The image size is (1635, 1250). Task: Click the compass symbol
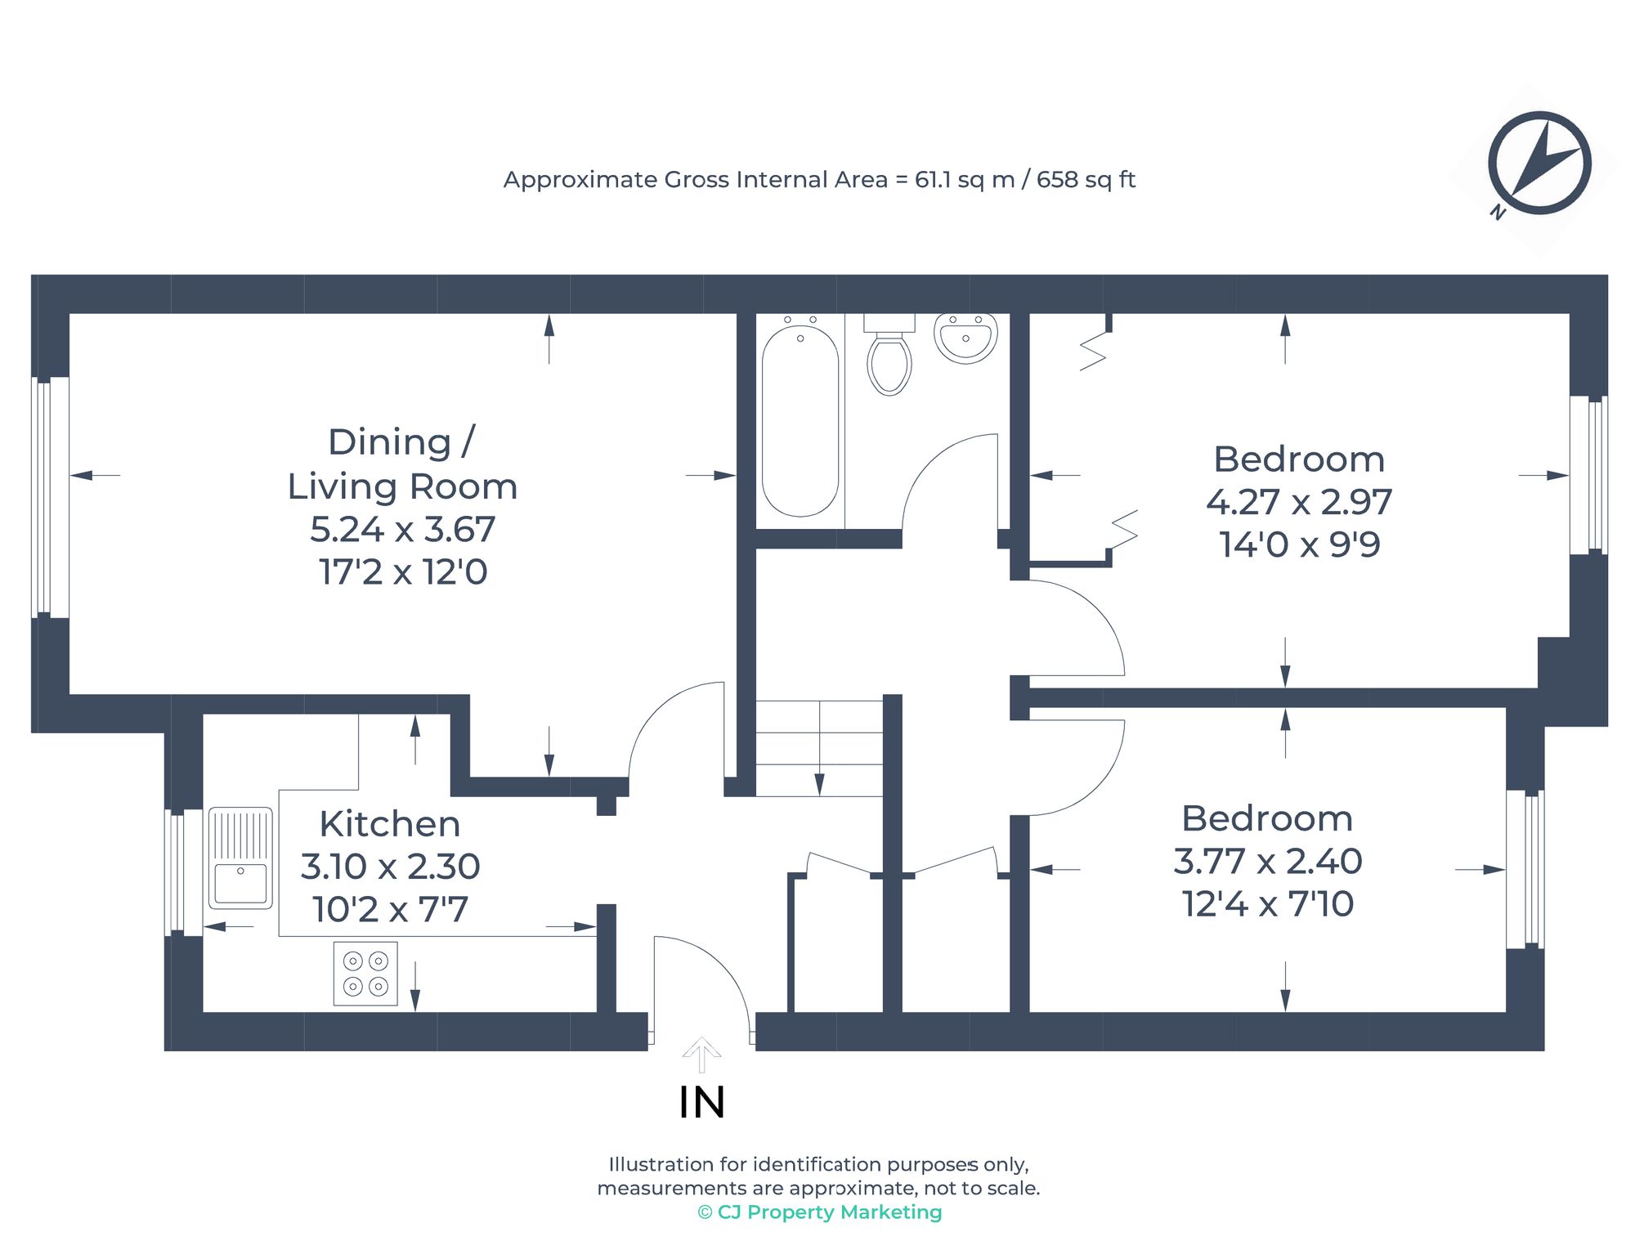coord(1539,164)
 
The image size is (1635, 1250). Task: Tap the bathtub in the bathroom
coord(800,420)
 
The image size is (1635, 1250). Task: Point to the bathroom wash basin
coord(965,338)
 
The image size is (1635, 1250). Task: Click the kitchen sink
coord(240,858)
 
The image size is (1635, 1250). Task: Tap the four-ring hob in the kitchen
coord(365,973)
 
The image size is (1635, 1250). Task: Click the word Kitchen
coord(390,823)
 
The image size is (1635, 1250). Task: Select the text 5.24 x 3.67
coord(402,529)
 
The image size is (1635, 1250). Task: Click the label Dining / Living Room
coord(402,464)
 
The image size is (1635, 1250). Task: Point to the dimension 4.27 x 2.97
coord(1299,501)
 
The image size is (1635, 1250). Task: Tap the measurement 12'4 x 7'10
coord(1268,903)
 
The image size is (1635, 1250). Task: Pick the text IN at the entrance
coord(701,1102)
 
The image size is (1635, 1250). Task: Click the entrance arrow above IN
coord(701,1055)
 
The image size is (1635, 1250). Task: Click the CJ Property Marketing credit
coord(820,1212)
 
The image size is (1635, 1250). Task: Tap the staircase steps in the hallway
coord(819,748)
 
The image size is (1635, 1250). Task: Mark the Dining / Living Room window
coord(50,497)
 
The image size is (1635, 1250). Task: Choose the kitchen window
coord(184,871)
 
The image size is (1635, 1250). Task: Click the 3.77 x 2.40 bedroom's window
coord(1525,869)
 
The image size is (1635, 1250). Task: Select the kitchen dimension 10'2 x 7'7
coord(390,909)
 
